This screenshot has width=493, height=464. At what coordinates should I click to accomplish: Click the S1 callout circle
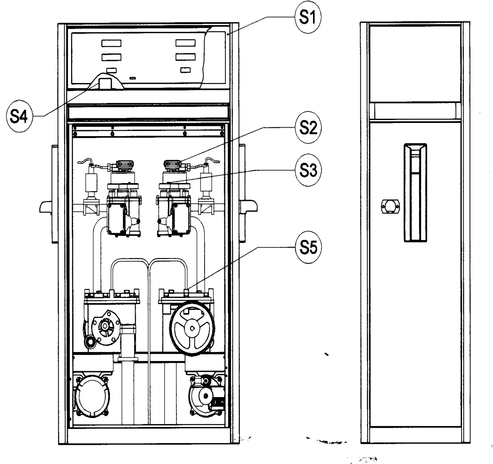(x=308, y=18)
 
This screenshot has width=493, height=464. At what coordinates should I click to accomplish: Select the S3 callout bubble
(x=308, y=171)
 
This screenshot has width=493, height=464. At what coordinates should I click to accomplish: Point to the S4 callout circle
(x=19, y=117)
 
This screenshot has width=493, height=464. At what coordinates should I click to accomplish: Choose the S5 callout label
(x=308, y=248)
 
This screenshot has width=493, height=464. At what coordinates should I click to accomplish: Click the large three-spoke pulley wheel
(x=192, y=328)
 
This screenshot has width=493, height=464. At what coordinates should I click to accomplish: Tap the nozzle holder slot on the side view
(x=415, y=192)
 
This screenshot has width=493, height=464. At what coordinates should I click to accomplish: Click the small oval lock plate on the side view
(x=390, y=206)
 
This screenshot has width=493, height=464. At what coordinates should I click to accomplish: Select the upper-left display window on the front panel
(x=111, y=43)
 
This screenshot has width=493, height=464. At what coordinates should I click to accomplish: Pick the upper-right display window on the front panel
(x=185, y=43)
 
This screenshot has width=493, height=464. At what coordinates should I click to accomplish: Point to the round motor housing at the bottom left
(x=92, y=396)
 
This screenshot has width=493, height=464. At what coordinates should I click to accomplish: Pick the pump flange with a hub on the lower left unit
(x=105, y=327)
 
